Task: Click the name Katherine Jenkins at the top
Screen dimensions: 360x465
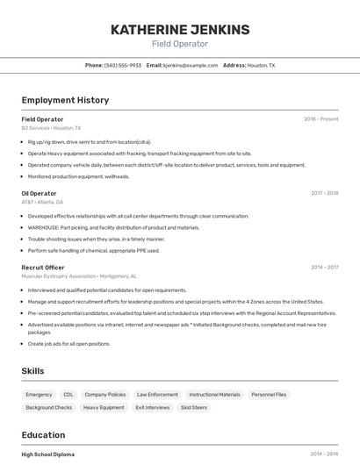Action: [x=180, y=29]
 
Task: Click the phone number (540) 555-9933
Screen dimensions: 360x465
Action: [x=123, y=65]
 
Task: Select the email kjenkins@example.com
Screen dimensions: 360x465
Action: [x=189, y=65]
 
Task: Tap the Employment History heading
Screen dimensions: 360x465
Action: [x=65, y=100]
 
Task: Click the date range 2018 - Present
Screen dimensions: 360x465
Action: [x=321, y=119]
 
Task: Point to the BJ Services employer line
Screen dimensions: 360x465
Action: [x=51, y=128]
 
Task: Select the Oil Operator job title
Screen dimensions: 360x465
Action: [x=39, y=193]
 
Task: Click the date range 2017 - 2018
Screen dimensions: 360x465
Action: [x=324, y=193]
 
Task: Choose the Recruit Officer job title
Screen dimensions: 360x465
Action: [x=43, y=268]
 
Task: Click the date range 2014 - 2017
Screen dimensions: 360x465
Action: [x=324, y=268]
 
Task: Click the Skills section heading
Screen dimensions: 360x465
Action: [x=32, y=371]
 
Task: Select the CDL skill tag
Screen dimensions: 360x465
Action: [x=68, y=395]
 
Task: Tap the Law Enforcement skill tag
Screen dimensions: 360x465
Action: [x=157, y=395]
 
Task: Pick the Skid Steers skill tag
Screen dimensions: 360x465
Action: [x=194, y=408]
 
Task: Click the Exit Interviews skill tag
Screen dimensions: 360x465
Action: [x=152, y=408]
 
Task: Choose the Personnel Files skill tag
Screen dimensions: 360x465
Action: [x=269, y=395]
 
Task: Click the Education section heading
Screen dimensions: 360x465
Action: [x=43, y=435]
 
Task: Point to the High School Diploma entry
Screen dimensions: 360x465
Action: [x=47, y=454]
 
